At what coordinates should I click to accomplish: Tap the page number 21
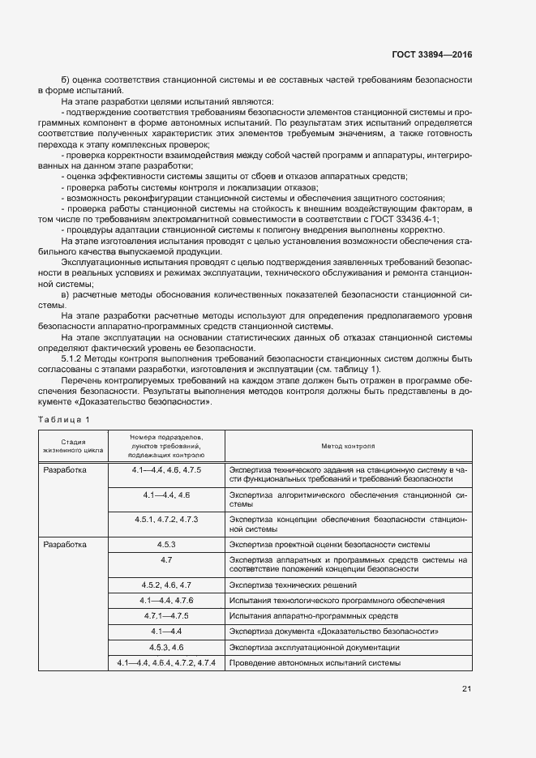466,689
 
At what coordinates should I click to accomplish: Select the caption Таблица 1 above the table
64,418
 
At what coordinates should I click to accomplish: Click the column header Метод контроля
348,445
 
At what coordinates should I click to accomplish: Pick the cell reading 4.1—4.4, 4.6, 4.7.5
165,470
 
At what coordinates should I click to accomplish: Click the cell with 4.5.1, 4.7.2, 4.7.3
165,519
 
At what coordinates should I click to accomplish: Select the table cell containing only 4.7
165,560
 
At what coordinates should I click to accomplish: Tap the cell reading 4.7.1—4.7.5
165,615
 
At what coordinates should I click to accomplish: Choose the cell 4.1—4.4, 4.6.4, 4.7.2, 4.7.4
165,663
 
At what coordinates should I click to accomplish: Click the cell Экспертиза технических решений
293,585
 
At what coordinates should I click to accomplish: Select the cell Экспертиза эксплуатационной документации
313,648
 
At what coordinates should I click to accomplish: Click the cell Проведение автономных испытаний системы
315,664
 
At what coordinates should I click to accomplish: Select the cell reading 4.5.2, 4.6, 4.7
165,585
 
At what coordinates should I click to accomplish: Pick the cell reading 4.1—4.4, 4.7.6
165,600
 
